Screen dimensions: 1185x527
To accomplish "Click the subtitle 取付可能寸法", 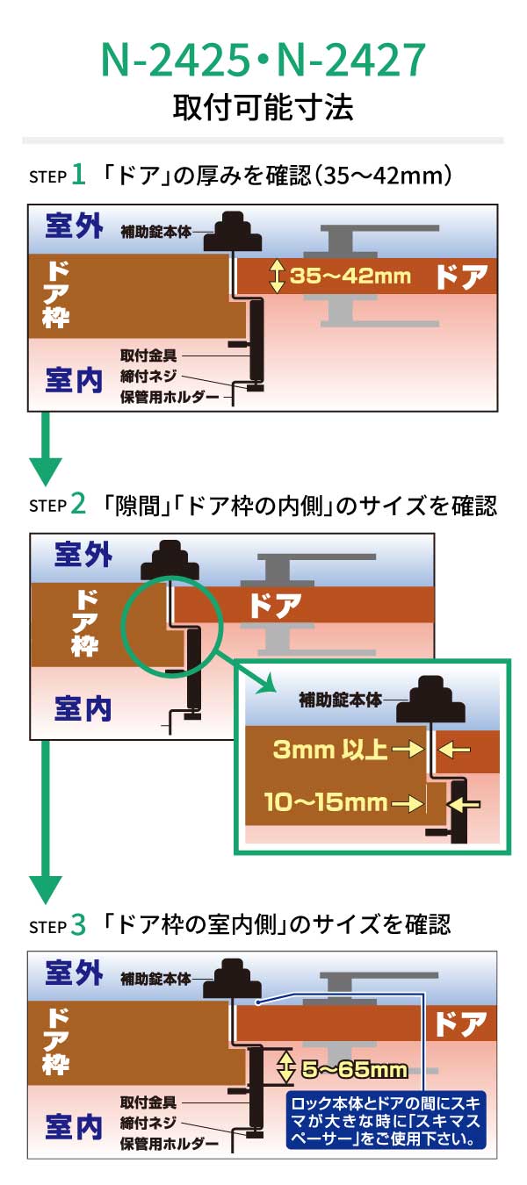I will (x=263, y=108).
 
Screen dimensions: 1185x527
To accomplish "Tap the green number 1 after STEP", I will (x=78, y=175).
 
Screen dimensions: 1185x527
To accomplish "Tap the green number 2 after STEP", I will (x=78, y=504).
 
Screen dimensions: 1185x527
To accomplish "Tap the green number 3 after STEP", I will (x=78, y=923).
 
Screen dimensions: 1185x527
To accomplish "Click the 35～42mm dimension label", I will (x=350, y=276).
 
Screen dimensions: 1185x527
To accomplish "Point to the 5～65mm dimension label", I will (x=354, y=1069).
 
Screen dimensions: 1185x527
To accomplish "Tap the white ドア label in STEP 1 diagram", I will (x=460, y=276).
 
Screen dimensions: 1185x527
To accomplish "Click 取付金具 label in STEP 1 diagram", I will (x=148, y=355).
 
